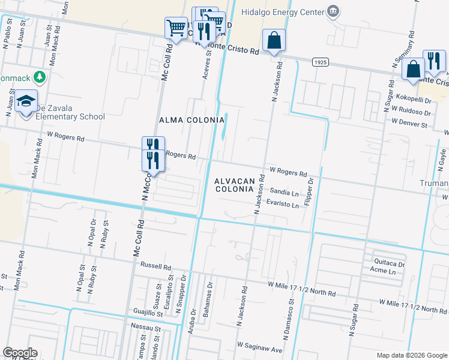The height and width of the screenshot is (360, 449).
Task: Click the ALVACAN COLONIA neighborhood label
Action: pyautogui.click(x=240, y=184)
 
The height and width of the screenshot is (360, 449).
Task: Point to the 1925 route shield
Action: pyautogui.click(x=320, y=62)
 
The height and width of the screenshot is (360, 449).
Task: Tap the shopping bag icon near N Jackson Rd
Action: pyautogui.click(x=274, y=41)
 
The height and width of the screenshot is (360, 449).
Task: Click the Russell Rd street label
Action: pyautogui.click(x=155, y=265)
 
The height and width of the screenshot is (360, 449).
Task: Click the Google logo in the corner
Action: pyautogui.click(x=20, y=353)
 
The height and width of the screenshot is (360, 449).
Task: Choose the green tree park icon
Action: pyautogui.click(x=39, y=77)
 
